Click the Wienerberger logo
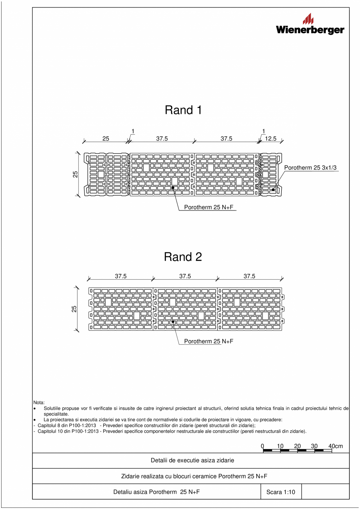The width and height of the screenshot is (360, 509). [310, 25]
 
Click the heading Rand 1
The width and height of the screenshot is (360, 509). [183, 110]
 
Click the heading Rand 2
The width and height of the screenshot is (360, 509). [183, 257]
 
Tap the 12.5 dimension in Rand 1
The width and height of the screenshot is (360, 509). [270, 138]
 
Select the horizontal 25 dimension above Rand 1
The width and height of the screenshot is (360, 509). [106, 138]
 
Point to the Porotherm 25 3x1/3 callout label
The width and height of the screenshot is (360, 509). [310, 167]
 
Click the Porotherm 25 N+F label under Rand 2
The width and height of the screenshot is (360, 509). [209, 341]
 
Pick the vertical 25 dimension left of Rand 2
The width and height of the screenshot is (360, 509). [74, 309]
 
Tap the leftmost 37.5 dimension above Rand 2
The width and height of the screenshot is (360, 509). [121, 276]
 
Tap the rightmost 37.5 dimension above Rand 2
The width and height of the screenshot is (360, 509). [249, 276]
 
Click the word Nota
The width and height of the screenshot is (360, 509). [39, 402]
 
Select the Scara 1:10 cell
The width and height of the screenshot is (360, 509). [281, 493]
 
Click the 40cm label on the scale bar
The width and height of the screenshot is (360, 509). [336, 446]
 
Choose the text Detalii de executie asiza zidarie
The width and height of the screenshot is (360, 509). [193, 460]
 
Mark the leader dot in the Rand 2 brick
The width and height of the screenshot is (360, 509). [173, 322]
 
